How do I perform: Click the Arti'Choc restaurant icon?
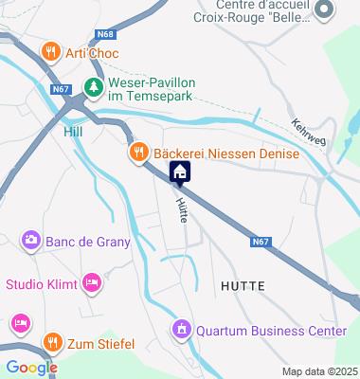51,53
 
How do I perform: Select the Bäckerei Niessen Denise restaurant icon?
138,153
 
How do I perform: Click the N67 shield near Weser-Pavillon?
62,89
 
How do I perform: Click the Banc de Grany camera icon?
30,241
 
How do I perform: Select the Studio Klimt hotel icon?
92,282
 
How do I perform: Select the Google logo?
30,368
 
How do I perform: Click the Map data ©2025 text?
319,370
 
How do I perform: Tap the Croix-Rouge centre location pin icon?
325,10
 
